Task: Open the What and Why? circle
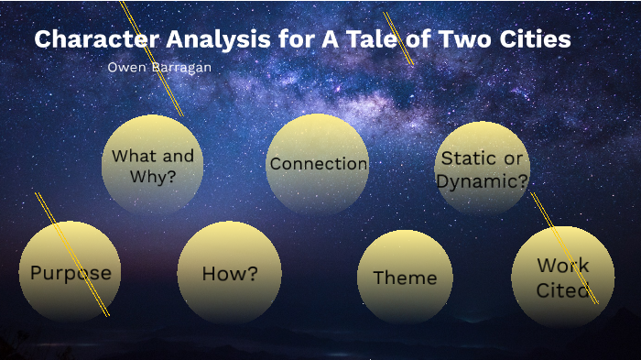click(152, 165)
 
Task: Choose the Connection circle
click(318, 165)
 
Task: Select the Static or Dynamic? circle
click(483, 169)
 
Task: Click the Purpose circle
click(70, 272)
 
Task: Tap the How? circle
click(229, 273)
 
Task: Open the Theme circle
click(404, 278)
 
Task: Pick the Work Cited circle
click(562, 278)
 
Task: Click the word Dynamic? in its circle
click(483, 180)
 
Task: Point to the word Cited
click(562, 289)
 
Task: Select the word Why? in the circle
click(153, 177)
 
